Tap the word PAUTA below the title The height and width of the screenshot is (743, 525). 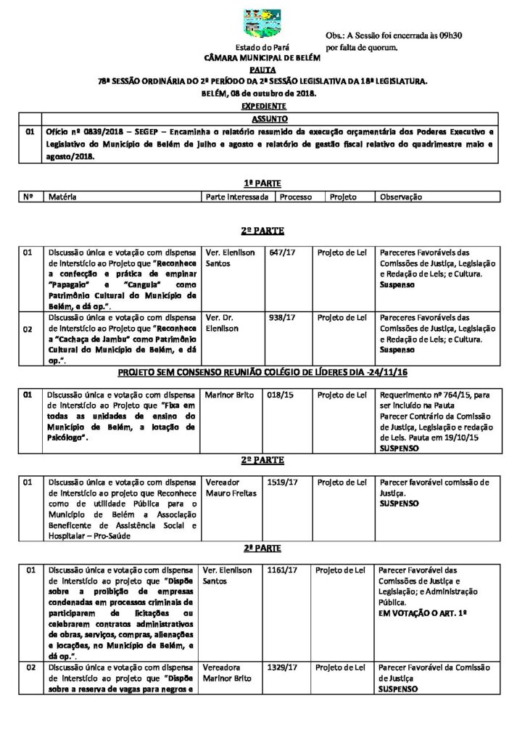(x=262, y=69)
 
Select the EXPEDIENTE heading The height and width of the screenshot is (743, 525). (x=262, y=106)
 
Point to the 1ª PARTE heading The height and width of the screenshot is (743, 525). (x=262, y=184)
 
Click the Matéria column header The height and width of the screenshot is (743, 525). (x=62, y=197)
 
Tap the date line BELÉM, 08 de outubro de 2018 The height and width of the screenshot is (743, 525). (x=262, y=94)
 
